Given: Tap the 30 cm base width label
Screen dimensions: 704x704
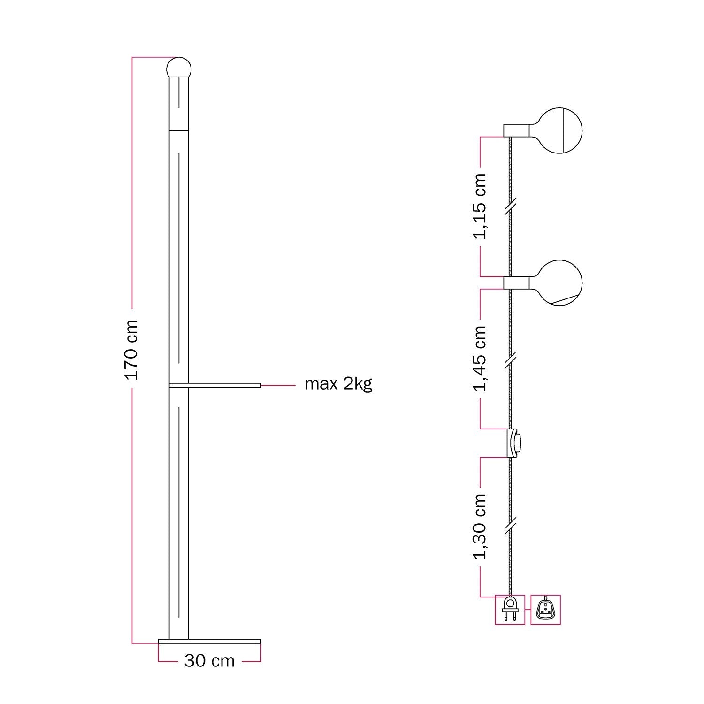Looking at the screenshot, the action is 209,661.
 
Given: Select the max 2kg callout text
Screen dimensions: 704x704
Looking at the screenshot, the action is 338,384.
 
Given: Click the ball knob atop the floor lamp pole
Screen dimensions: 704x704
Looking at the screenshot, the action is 179,68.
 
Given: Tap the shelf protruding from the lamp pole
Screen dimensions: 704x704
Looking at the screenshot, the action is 214,385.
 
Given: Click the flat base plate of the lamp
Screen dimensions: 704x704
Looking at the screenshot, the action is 209,642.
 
